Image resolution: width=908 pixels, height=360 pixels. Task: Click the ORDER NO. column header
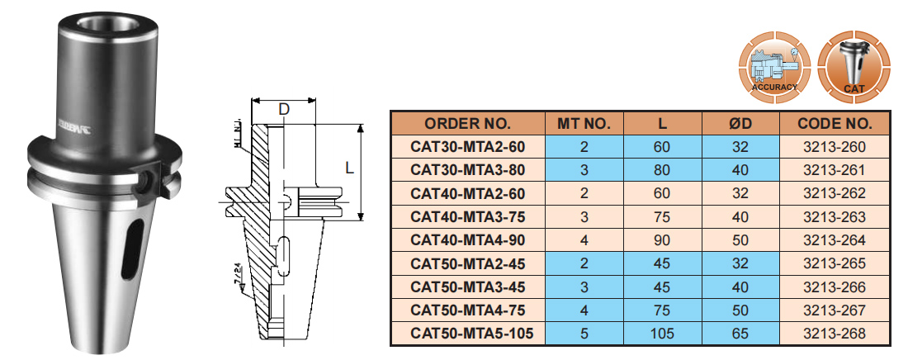tap(467, 124)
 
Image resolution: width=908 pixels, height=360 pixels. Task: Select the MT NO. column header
tap(584, 124)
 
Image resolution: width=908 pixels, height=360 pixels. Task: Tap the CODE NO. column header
tap(835, 124)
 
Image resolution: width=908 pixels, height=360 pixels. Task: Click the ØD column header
tap(740, 124)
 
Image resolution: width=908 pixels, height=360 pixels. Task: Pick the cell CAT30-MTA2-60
tap(467, 147)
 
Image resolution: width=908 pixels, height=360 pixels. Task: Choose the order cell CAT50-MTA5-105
tap(467, 334)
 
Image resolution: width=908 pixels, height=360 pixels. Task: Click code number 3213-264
tap(835, 240)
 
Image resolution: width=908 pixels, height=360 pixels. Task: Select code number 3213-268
tap(835, 334)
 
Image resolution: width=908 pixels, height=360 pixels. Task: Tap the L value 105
tap(662, 334)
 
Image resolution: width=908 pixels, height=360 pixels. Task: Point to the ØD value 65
tap(740, 334)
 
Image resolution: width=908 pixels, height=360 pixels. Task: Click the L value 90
tap(662, 240)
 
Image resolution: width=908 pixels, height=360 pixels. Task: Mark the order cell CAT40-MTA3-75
tap(467, 217)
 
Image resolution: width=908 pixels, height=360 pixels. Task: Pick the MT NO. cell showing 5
tap(584, 334)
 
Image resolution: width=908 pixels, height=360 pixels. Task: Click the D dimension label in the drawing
tap(283, 108)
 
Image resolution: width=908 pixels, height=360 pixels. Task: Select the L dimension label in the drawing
tap(349, 168)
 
